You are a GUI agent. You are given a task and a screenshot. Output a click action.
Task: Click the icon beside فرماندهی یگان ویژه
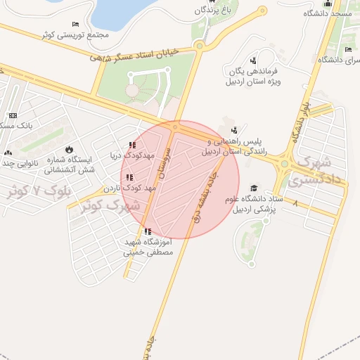[x=252, y=61]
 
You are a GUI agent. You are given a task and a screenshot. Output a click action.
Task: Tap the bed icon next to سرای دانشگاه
[x=348, y=49]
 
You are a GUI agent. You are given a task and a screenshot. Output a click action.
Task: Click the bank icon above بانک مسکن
[x=13, y=115]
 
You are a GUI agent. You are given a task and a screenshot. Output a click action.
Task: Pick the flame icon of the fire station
[x=69, y=149]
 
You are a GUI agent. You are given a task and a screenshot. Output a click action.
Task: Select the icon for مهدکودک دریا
[x=132, y=146]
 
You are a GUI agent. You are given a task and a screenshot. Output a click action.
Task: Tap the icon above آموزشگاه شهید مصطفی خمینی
[x=146, y=231]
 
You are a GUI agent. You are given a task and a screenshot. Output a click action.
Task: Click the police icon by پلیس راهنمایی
[x=234, y=130]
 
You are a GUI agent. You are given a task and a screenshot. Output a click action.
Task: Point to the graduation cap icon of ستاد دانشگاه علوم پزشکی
[x=253, y=188]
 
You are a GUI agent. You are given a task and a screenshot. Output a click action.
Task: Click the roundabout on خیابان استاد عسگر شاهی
[x=200, y=46]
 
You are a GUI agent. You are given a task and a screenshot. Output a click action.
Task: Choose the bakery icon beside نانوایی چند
[x=8, y=153]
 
